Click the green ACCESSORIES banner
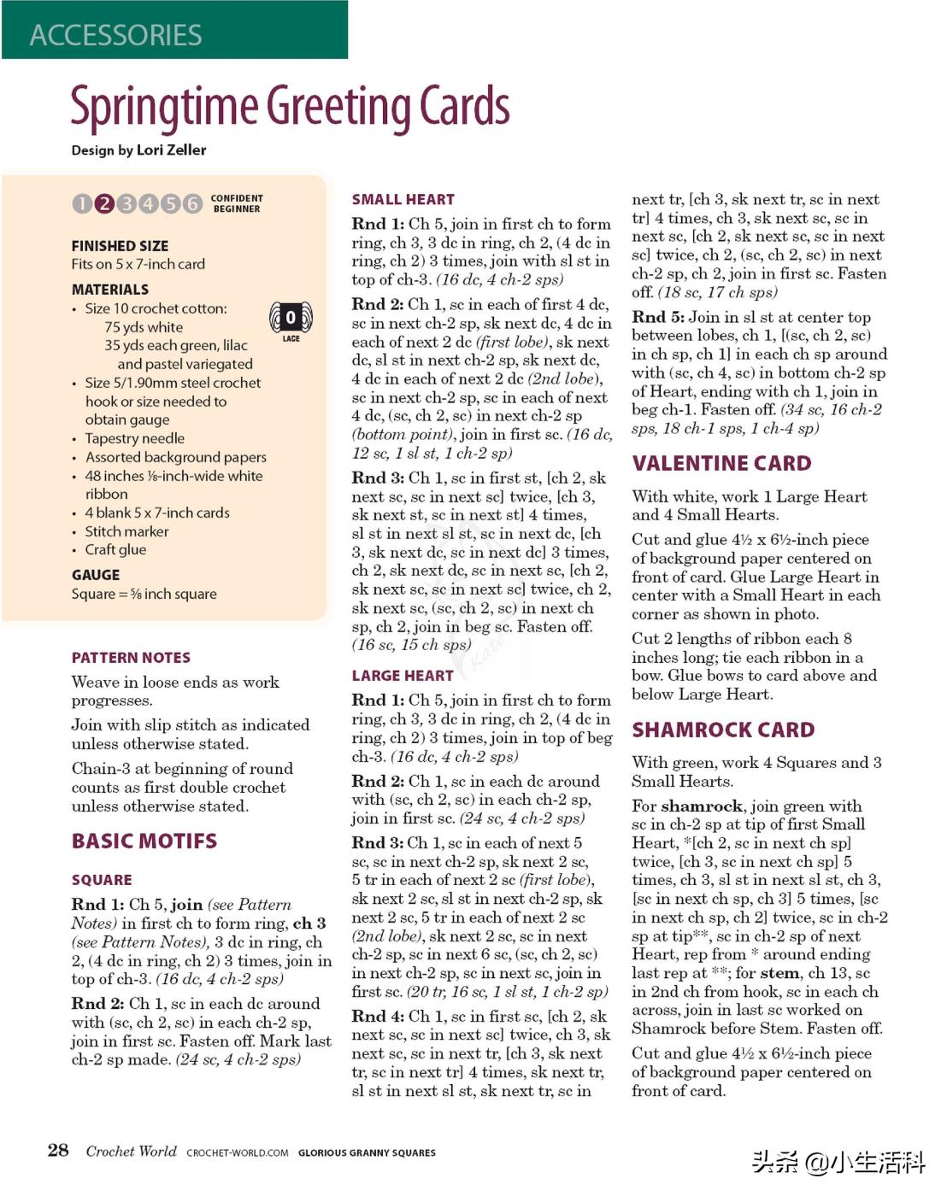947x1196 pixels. tap(174, 31)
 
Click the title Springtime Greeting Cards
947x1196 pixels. tap(290, 107)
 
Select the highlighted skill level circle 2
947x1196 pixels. tap(104, 203)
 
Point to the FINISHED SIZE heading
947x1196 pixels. tap(120, 246)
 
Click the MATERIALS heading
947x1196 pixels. tap(110, 290)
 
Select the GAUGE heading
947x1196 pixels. tap(96, 575)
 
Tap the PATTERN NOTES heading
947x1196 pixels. tap(131, 658)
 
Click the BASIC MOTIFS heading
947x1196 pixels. tap(144, 841)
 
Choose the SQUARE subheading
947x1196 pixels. tap(102, 880)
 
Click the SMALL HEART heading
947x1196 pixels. tap(403, 200)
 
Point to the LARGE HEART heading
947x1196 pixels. tap(403, 676)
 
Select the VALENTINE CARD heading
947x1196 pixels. tap(721, 464)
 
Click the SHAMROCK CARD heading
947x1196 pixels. tap(723, 730)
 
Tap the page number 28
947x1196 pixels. tap(58, 1150)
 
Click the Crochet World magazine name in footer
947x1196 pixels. tap(131, 1152)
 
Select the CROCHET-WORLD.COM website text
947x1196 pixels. tap(238, 1153)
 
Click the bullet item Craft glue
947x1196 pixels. tap(115, 550)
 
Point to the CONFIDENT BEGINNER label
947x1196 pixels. tap(237, 203)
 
